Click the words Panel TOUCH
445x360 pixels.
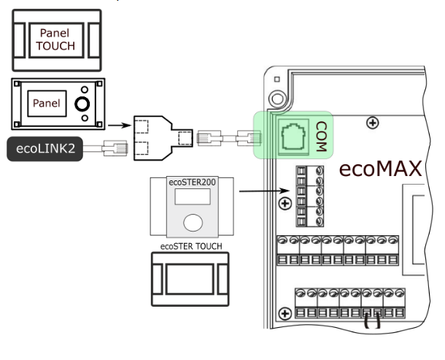coord(55,39)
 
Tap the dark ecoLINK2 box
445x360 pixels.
coord(44,149)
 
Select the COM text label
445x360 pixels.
coord(321,137)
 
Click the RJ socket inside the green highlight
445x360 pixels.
coord(293,137)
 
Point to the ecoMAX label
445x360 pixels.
coord(380,169)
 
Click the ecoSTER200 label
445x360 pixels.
coord(192,182)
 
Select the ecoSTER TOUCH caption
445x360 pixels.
coord(191,246)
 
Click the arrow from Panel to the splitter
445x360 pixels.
coord(120,126)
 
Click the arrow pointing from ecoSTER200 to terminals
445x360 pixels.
coord(264,191)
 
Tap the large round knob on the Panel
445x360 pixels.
coord(82,104)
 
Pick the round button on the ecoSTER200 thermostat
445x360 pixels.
coord(193,223)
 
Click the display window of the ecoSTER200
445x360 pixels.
coord(193,196)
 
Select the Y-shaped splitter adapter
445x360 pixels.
coord(163,138)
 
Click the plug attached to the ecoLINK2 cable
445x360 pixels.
coord(115,148)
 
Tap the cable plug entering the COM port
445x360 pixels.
coord(249,138)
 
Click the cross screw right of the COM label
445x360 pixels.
coord(372,123)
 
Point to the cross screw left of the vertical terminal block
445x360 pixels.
coord(285,204)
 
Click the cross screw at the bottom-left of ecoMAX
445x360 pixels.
coord(285,314)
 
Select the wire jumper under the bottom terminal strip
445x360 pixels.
coord(372,321)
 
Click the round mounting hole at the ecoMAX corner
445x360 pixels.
coord(277,99)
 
